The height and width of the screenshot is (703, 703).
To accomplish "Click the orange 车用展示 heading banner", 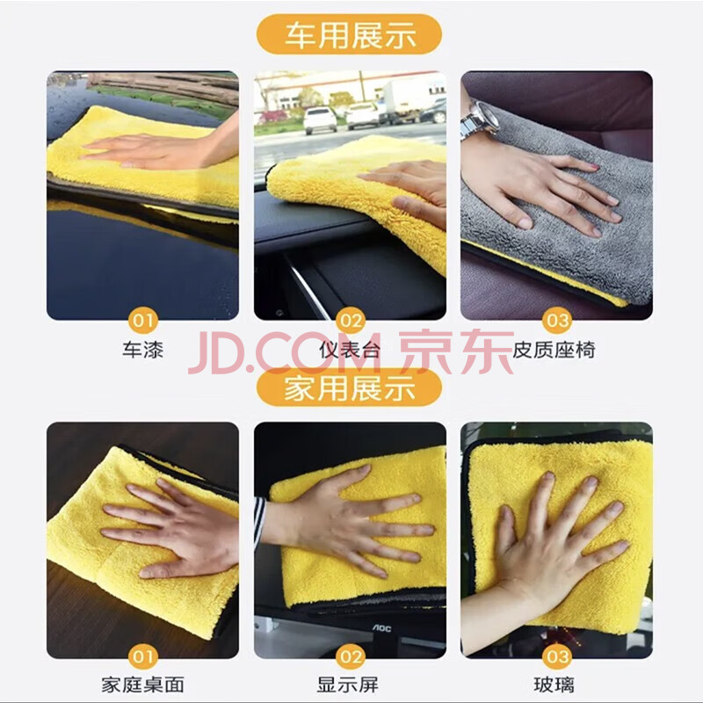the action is [349, 34].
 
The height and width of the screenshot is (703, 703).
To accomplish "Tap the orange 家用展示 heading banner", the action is [349, 388].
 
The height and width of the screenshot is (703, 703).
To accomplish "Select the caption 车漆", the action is [142, 350].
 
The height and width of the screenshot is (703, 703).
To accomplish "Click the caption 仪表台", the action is [350, 350].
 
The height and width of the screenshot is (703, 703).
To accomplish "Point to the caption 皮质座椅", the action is [554, 350].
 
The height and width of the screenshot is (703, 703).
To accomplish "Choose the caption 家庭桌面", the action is [142, 685].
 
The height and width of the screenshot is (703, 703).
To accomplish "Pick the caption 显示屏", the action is [348, 685].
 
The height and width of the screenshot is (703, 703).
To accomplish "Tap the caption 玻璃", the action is [554, 685].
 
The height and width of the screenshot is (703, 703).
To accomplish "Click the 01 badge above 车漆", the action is [142, 320].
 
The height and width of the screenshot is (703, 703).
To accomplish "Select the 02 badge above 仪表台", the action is [350, 320].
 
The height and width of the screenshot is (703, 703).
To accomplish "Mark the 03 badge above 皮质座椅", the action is [557, 320].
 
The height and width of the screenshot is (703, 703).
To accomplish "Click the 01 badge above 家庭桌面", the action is [142, 656].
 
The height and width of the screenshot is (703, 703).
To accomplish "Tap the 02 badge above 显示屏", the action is [350, 656].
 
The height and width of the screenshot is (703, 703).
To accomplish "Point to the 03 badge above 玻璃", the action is [557, 656].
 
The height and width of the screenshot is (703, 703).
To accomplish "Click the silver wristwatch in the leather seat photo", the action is [478, 119].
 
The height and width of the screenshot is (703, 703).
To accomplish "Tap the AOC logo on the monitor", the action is [381, 628].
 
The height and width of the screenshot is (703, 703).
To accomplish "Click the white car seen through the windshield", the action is [320, 120].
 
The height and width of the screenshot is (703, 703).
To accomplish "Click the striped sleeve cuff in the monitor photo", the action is [259, 521].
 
